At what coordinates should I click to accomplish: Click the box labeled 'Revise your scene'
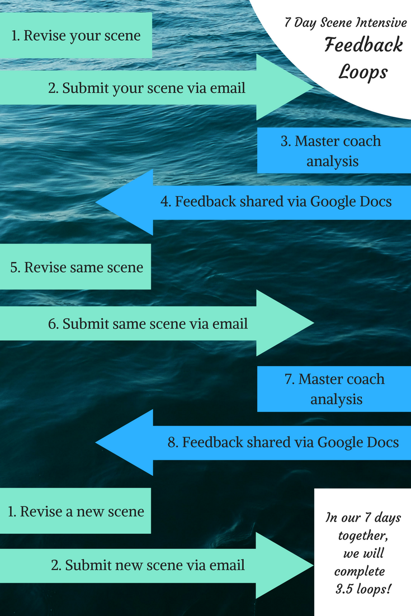(x=75, y=36)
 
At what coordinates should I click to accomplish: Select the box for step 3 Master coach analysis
(x=334, y=151)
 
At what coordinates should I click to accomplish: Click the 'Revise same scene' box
(x=75, y=267)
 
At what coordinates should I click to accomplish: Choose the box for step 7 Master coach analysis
(x=334, y=389)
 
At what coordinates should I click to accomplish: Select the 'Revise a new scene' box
(x=75, y=511)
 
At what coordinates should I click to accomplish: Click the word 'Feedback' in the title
(x=363, y=46)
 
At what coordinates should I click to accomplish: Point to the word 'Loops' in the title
(x=363, y=72)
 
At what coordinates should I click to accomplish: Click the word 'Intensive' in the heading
(x=383, y=24)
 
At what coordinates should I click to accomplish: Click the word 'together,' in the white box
(x=363, y=536)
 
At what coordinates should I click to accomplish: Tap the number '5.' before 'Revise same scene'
(x=16, y=267)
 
